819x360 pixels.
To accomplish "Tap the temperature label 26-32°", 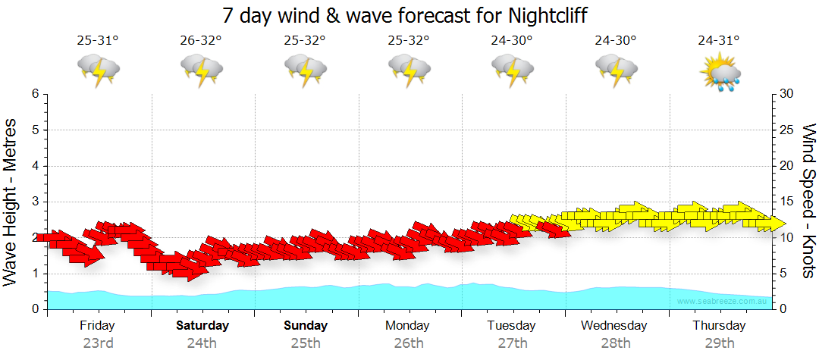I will (202, 41).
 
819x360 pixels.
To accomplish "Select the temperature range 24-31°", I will (718, 41).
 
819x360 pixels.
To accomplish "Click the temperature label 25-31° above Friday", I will (98, 41).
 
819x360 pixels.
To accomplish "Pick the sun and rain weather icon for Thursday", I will (719, 72).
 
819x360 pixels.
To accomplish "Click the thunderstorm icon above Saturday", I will (202, 72).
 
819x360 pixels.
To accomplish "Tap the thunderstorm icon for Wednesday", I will (615, 72).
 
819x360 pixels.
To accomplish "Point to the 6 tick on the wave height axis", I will (35, 94).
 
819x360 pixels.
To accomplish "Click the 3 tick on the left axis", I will (35, 202).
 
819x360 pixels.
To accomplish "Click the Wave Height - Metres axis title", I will (11, 202).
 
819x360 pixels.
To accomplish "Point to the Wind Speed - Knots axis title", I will (808, 202).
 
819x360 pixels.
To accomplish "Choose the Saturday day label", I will (202, 326).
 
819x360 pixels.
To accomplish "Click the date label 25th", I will (306, 343).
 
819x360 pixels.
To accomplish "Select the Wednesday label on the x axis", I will (614, 326).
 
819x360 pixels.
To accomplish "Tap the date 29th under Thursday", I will (719, 343).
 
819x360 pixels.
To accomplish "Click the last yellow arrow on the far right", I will (771, 223).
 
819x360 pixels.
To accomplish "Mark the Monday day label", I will (408, 326).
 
